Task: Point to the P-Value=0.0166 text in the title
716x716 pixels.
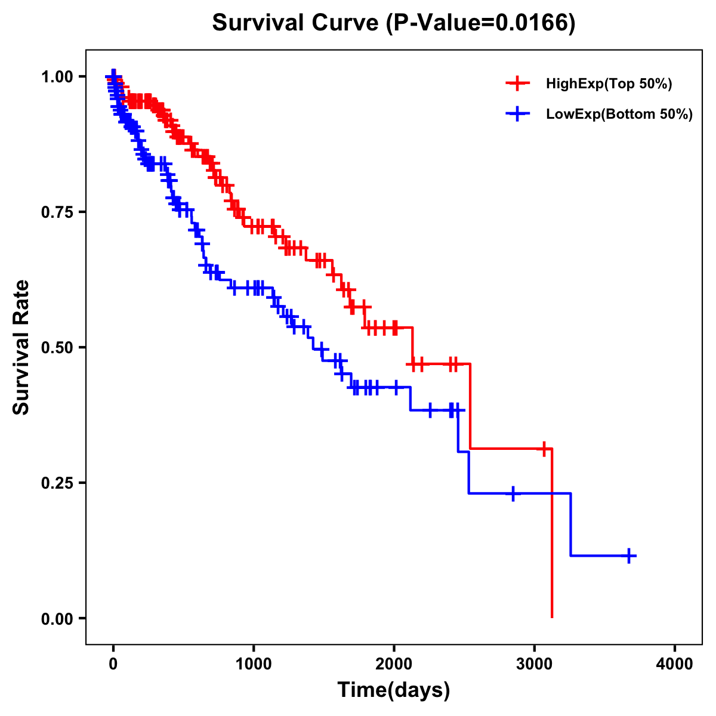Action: point(480,23)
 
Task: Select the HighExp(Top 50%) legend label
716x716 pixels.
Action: point(609,84)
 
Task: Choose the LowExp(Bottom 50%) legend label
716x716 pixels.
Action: point(619,114)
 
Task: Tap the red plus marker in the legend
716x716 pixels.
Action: point(517,84)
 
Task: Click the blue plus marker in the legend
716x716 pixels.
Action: point(517,114)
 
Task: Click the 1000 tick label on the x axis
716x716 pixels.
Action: point(254,665)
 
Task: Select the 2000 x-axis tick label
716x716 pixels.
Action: point(394,665)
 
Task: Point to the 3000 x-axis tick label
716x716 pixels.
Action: point(534,665)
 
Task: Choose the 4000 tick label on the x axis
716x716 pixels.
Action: point(675,665)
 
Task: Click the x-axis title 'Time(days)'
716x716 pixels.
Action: point(394,690)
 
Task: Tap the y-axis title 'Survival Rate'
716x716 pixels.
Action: point(21,347)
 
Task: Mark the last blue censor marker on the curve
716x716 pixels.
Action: point(628,555)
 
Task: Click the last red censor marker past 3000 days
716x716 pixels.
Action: point(544,448)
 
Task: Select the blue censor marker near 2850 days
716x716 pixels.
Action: point(513,493)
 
